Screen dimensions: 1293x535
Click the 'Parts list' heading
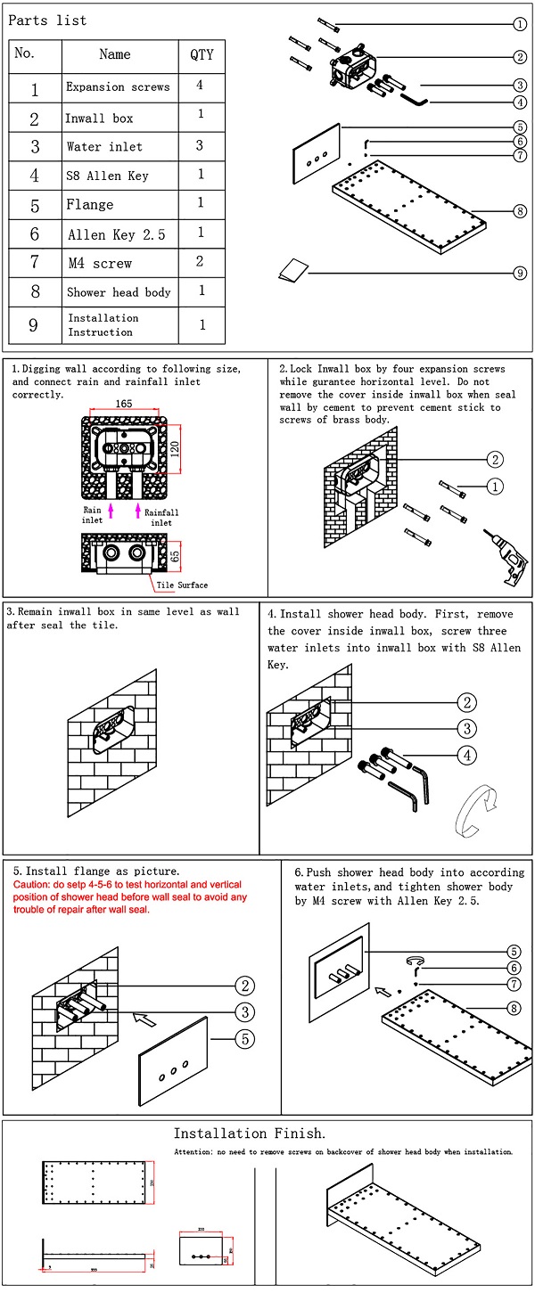click(x=47, y=20)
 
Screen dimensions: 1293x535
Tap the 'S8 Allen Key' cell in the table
click(x=107, y=176)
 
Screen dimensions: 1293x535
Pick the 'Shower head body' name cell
click(x=119, y=292)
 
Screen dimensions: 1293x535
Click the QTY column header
click(x=202, y=54)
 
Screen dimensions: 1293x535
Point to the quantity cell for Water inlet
click(x=201, y=145)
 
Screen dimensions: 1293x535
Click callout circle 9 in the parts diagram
click(x=519, y=273)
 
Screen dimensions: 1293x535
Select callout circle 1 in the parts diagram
click(x=519, y=24)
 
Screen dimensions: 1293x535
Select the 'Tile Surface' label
click(x=182, y=585)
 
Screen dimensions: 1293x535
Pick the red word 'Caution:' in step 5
click(x=35, y=884)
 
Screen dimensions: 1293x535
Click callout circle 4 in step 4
click(x=466, y=756)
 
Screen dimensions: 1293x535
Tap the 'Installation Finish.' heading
click(x=249, y=1133)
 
